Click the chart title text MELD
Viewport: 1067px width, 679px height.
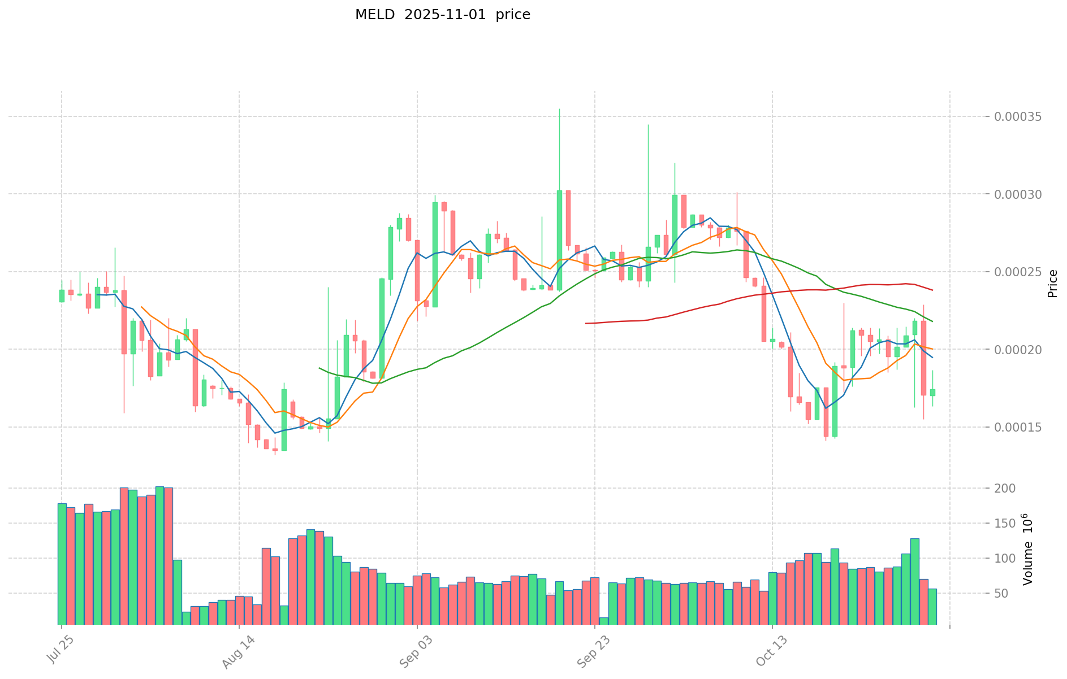pos(375,15)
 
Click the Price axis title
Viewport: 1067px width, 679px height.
pos(1052,284)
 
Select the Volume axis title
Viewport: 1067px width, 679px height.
pos(1027,549)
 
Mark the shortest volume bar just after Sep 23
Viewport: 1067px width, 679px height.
pos(604,621)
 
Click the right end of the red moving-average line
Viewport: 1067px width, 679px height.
pos(932,290)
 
